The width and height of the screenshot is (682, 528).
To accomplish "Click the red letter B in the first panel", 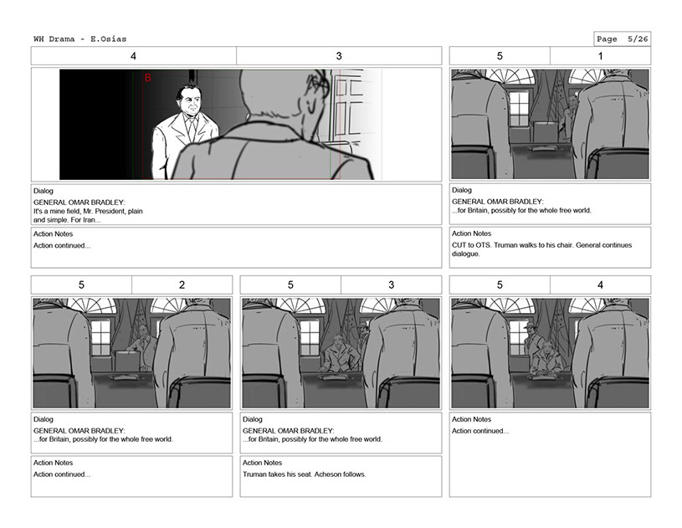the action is [x=148, y=78].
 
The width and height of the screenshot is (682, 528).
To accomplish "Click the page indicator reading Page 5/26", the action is [x=623, y=39].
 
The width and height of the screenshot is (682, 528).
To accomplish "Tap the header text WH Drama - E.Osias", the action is [x=80, y=38].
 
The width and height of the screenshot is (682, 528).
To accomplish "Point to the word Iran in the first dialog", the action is [x=89, y=220].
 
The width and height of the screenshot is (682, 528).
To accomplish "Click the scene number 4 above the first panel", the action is [x=134, y=56].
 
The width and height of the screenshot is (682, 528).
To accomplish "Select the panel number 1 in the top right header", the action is [x=601, y=56].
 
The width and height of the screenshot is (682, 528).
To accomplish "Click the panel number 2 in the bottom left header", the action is [x=182, y=285].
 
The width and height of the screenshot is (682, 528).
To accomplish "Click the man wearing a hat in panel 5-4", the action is [x=531, y=338].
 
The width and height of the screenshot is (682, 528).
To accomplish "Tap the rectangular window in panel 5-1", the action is [x=519, y=108].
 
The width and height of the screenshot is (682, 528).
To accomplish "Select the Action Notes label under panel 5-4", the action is [x=471, y=419].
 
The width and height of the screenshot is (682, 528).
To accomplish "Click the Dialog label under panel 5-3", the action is [x=252, y=419].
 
